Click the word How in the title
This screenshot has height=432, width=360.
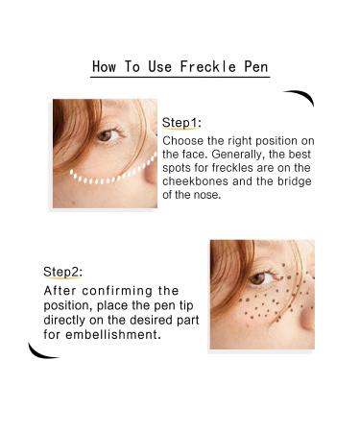point(105,66)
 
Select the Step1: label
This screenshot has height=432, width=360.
point(181,123)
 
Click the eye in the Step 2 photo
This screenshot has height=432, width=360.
point(257,278)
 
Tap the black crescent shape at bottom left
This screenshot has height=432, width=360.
point(43,351)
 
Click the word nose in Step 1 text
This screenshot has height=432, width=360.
point(202,194)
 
